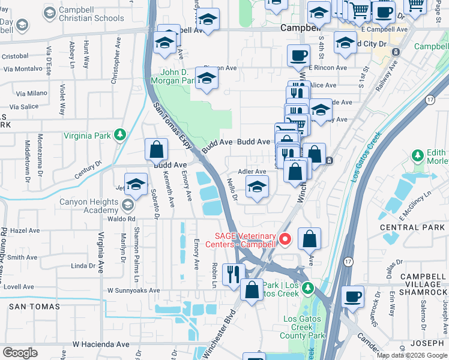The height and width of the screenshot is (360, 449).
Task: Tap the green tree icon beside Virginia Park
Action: click(121, 135)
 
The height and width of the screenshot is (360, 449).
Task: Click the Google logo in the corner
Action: click(20, 352)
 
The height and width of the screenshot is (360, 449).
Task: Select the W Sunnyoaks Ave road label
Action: click(134, 290)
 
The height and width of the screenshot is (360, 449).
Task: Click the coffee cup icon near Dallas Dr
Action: click(352, 295)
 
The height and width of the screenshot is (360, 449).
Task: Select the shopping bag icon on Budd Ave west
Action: click(156, 148)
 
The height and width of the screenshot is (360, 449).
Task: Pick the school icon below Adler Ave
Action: click(257, 188)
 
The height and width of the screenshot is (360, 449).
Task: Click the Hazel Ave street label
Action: click(25, 230)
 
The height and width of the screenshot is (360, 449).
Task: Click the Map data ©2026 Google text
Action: click(411, 355)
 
